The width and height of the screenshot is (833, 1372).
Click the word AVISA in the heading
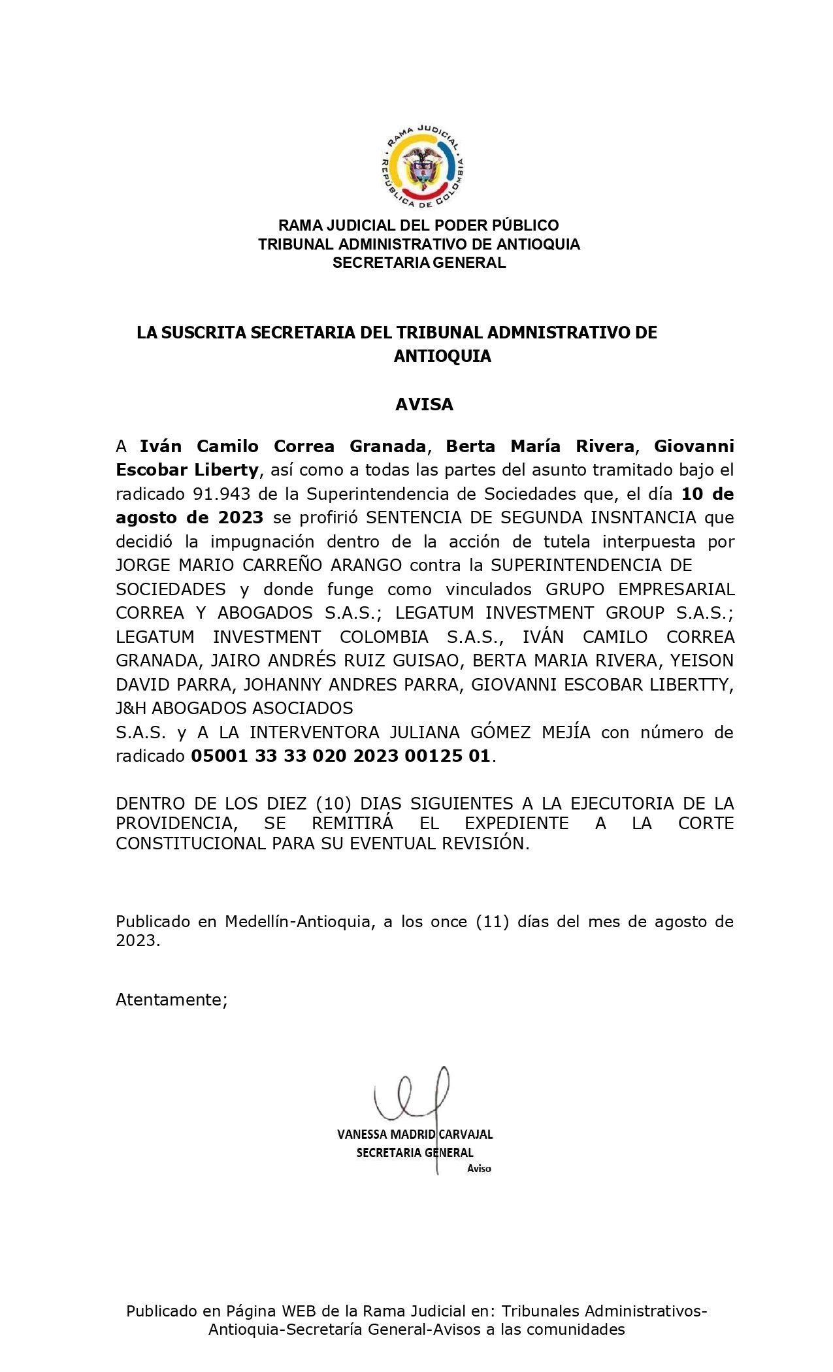(424, 404)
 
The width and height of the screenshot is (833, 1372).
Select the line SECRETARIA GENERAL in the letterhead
(419, 263)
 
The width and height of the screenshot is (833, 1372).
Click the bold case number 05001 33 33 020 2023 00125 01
(340, 756)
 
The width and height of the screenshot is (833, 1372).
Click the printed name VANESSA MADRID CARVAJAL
(415, 1134)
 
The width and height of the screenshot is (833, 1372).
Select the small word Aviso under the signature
(479, 1168)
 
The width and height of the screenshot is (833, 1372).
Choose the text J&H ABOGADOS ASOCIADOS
(234, 708)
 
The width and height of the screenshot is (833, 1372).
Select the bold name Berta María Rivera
(540, 446)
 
